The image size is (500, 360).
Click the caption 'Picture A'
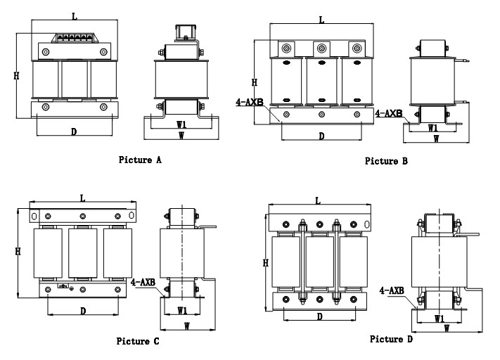click(x=139, y=160)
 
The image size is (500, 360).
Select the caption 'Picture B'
click(x=386, y=161)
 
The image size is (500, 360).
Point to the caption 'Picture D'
click(x=391, y=339)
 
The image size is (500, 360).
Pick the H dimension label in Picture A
click(x=16, y=75)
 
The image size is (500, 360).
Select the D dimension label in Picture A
click(x=74, y=131)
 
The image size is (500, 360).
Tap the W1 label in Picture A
click(x=181, y=124)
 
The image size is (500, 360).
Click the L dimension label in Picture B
click(x=321, y=20)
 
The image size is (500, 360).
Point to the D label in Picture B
click(x=321, y=136)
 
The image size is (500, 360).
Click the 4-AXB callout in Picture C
click(x=143, y=282)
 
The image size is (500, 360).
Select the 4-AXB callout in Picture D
click(x=391, y=290)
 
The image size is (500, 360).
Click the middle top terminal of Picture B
click(x=321, y=49)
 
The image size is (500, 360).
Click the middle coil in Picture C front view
click(x=82, y=254)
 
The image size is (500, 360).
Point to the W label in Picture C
click(x=187, y=326)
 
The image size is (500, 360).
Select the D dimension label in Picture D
click(x=319, y=316)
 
